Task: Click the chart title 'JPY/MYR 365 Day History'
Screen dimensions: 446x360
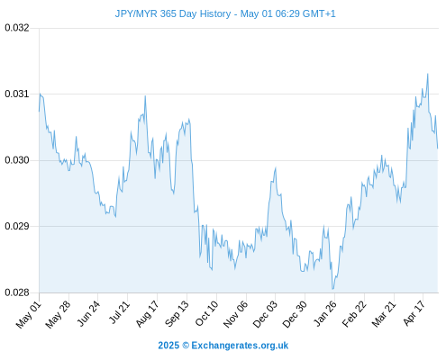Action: click(173, 13)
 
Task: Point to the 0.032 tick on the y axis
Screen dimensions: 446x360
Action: click(17, 28)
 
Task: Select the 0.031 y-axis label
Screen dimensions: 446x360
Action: click(17, 94)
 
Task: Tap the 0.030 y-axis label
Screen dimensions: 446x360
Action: click(17, 160)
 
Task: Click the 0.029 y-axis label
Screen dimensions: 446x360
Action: click(17, 226)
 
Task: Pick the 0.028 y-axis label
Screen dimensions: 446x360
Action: click(17, 292)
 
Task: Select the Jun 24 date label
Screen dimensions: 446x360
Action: click(88, 313)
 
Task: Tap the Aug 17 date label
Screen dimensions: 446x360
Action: click(147, 314)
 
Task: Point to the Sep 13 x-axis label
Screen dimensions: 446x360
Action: click(177, 314)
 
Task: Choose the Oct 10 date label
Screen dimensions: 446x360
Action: click(206, 313)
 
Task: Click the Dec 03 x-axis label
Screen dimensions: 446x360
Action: click(265, 314)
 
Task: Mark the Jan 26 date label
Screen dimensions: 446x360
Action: click(325, 313)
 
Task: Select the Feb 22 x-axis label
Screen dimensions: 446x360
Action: click(354, 314)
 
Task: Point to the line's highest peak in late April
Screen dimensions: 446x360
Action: click(428, 74)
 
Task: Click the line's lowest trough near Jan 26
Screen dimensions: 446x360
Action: click(332, 289)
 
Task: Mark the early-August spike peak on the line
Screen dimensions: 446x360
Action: click(145, 96)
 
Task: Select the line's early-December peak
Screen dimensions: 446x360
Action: click(276, 168)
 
